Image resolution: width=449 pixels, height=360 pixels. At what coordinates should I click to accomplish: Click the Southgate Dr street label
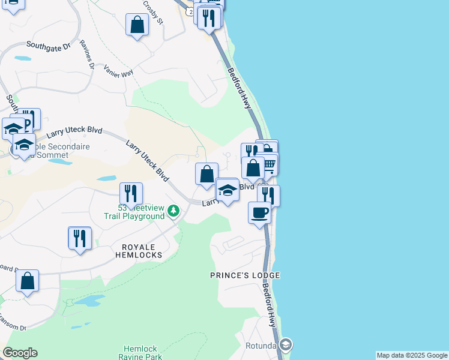coord(49,45)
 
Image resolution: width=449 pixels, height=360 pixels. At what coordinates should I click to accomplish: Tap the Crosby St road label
coord(154,11)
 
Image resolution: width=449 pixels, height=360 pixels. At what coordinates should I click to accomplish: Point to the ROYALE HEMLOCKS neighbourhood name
coord(139,251)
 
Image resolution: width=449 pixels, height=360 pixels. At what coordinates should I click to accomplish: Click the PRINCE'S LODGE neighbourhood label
coord(245,275)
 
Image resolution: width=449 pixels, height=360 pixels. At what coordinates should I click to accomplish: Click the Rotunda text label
coord(261,346)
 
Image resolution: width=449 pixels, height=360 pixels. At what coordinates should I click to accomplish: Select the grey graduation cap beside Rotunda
coord(286,344)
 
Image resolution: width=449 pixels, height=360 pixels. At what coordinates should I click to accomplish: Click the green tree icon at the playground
coord(173,211)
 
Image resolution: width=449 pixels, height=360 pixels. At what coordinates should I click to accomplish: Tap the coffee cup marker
coord(259,212)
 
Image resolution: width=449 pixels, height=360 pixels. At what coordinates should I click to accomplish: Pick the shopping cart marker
coord(269,163)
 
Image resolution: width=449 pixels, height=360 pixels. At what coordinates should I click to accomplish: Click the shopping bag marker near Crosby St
coord(137,25)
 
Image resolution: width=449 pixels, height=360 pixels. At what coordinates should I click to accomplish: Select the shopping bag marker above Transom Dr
coord(27,280)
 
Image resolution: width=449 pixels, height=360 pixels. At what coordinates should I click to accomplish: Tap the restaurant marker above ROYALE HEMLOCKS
coord(79,238)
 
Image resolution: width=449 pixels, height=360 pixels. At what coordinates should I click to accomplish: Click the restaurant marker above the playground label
coord(131,193)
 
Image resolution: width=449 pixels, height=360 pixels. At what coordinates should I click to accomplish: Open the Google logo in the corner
coord(20,353)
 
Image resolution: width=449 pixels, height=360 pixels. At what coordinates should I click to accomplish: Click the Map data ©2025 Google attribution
coord(412,355)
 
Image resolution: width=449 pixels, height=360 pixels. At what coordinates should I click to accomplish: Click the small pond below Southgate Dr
coord(23,59)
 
